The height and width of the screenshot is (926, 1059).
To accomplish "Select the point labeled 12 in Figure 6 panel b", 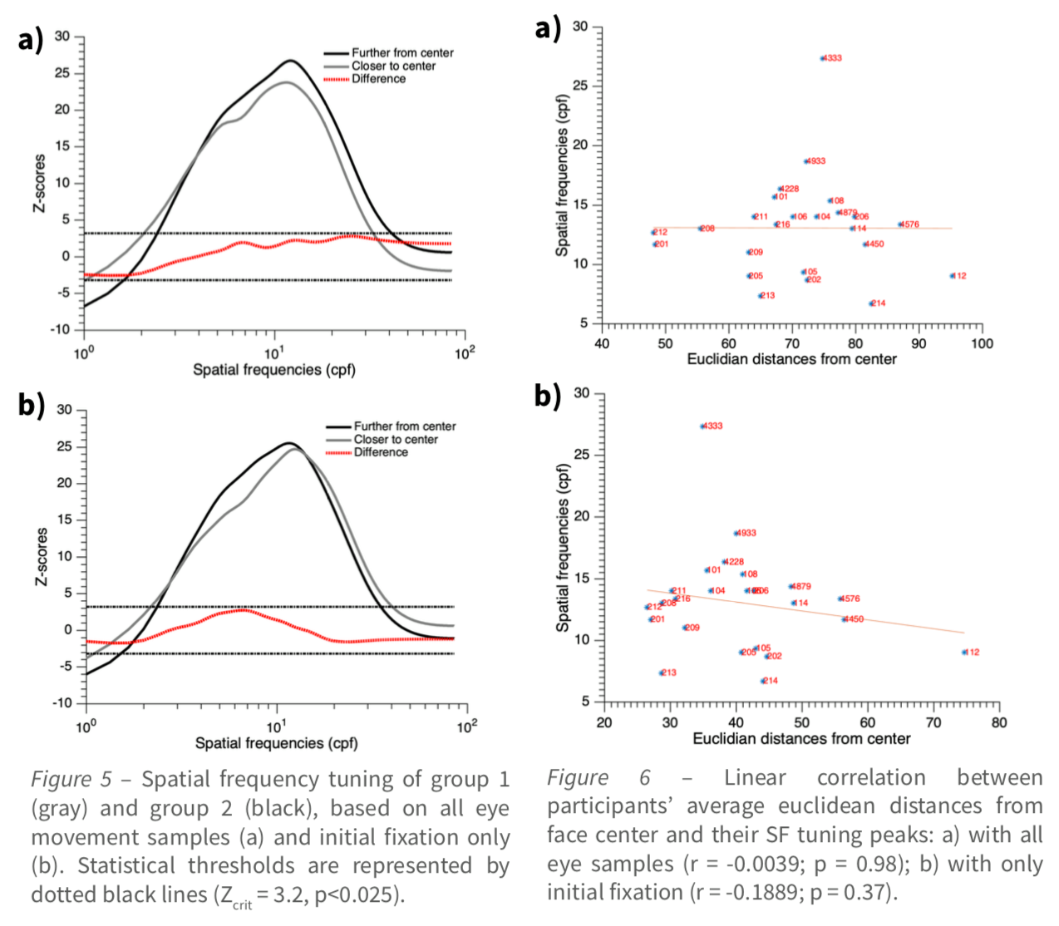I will point(964,653).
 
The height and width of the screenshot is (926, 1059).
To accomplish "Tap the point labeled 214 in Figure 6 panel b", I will point(763,681).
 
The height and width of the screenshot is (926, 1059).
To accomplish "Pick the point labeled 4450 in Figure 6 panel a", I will point(865,244).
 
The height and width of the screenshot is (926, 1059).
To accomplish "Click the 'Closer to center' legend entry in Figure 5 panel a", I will point(392,66).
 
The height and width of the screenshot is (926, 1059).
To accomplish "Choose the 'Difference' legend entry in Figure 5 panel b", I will point(380,452).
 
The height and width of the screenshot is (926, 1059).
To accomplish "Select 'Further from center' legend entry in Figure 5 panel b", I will point(404,426).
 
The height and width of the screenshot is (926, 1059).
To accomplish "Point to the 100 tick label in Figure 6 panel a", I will point(982,343).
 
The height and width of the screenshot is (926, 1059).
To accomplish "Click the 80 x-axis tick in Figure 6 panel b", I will point(998,722).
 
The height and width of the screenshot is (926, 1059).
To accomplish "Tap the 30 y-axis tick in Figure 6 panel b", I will point(581,393).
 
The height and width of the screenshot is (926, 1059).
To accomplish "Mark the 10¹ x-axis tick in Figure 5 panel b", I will point(276,727).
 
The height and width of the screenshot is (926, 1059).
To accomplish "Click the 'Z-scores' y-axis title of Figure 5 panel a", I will point(39,183).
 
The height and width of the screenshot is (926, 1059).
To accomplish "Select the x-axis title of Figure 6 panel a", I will point(791,359).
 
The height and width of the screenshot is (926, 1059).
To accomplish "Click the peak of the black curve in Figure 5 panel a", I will point(290,61).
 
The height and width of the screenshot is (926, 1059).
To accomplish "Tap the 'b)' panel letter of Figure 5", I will point(31,405).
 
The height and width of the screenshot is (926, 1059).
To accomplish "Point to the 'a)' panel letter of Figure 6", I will point(548,29).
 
